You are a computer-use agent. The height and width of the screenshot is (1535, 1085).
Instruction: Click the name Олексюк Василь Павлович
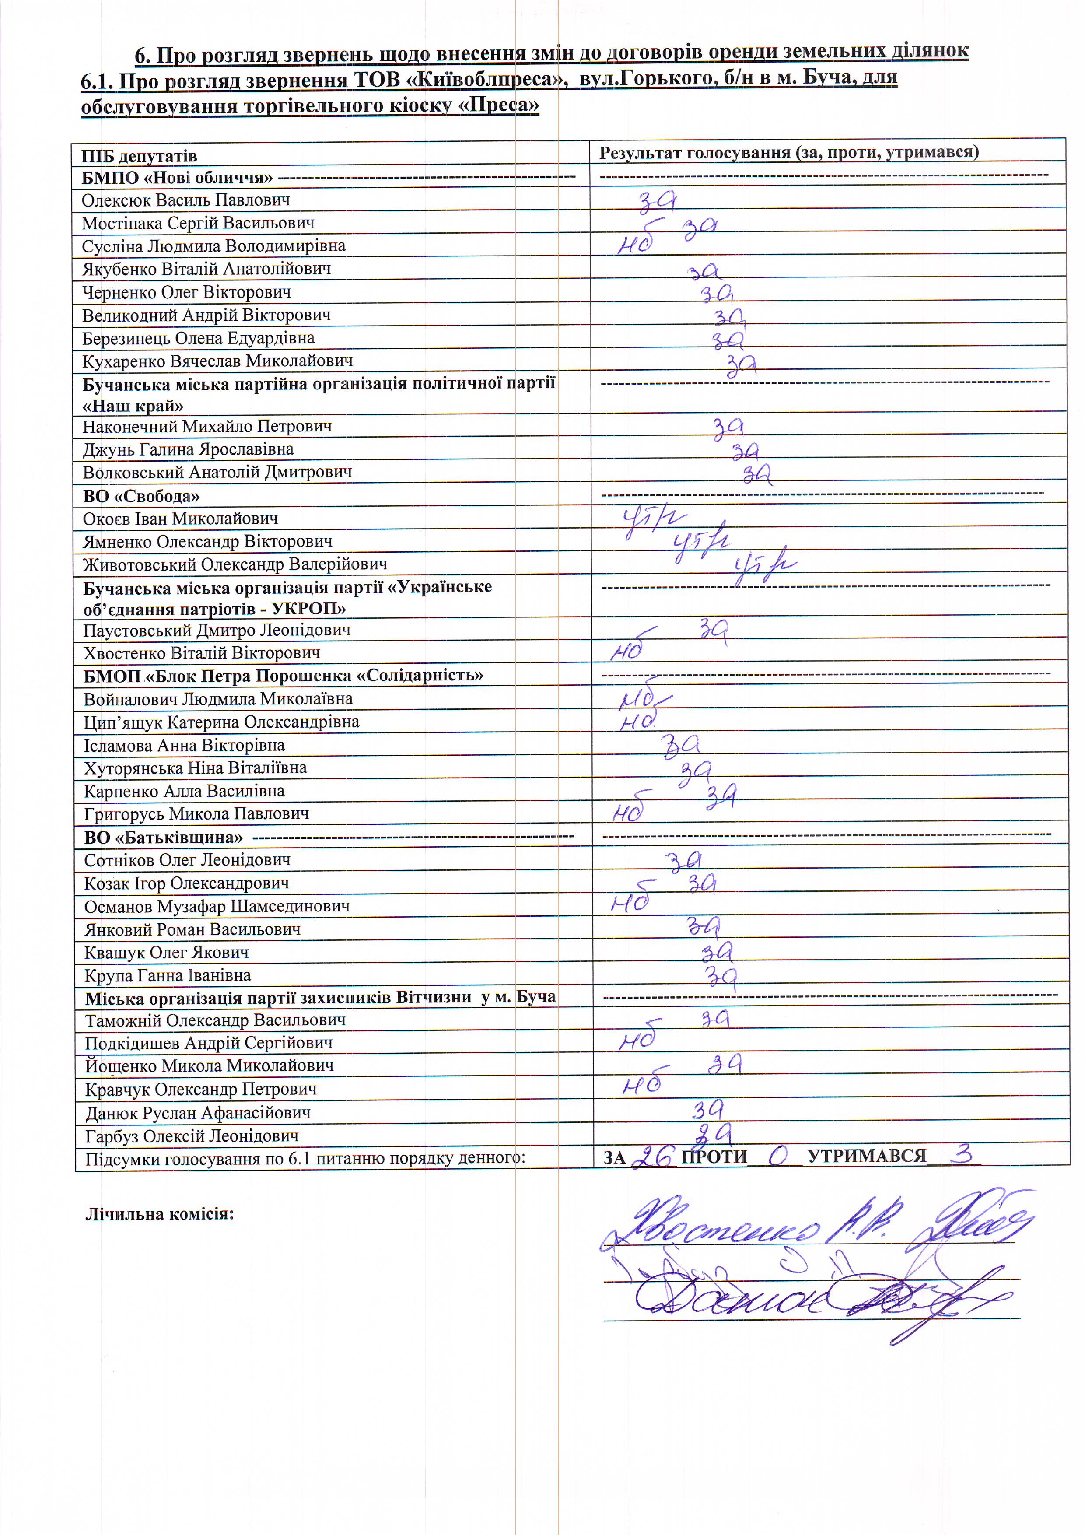186,200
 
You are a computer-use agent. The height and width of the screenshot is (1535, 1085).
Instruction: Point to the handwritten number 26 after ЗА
652,1156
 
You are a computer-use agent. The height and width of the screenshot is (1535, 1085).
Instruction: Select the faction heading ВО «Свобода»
141,496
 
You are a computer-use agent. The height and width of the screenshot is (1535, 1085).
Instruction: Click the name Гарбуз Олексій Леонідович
192,1136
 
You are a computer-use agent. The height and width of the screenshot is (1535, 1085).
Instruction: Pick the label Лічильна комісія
159,1213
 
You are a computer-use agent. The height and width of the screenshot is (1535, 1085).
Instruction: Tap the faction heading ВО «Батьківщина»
163,837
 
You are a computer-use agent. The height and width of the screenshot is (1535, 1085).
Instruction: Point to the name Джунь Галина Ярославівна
188,449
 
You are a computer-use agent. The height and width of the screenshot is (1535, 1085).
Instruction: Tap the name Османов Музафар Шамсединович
217,907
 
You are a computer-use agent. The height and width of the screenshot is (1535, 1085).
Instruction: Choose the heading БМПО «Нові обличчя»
177,178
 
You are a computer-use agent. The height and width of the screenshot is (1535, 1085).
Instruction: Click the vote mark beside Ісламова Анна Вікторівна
681,745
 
